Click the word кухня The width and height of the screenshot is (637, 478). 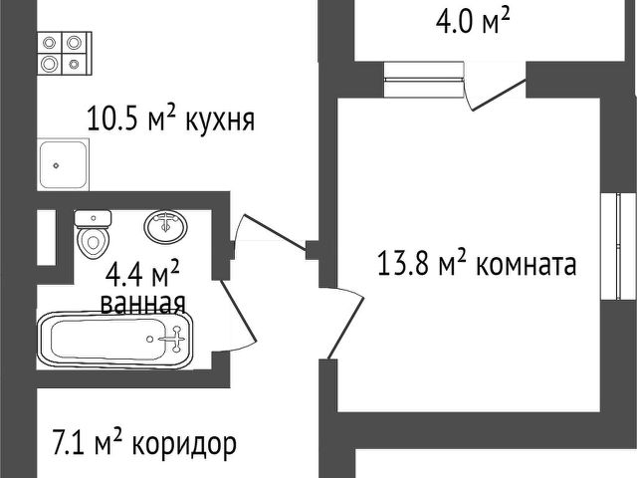pyautogui.click(x=220, y=120)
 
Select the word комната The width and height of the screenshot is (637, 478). pyautogui.click(x=526, y=265)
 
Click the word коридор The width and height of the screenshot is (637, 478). pyautogui.click(x=184, y=445)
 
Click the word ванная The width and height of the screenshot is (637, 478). pyautogui.click(x=143, y=303)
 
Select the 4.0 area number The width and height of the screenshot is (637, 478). pyautogui.click(x=454, y=21)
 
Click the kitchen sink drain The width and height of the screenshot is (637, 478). pyautogui.click(x=56, y=166)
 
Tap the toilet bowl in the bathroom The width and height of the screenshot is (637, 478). pyautogui.click(x=93, y=242)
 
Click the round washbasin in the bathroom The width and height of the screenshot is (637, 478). pyautogui.click(x=166, y=226)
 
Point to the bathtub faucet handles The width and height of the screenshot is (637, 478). pyautogui.click(x=176, y=339)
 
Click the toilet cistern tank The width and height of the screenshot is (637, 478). pyautogui.click(x=93, y=219)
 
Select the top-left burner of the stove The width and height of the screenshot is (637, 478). pyautogui.click(x=49, y=43)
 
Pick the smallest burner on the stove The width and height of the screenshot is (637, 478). pyautogui.click(x=74, y=64)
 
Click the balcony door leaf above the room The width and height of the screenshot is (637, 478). pyautogui.click(x=499, y=95)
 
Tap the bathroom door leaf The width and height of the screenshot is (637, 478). pyautogui.click(x=239, y=310)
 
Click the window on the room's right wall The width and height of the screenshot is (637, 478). pyautogui.click(x=617, y=246)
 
